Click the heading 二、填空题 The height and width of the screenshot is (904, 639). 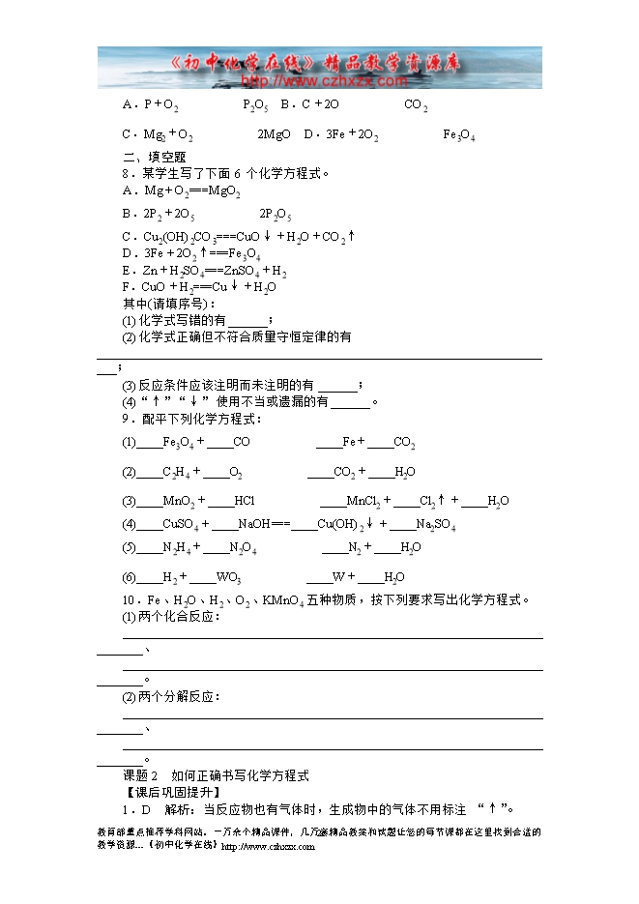pyautogui.click(x=154, y=158)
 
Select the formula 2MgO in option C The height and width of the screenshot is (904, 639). pyautogui.click(x=274, y=135)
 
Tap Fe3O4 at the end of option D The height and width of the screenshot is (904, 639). pyautogui.click(x=458, y=135)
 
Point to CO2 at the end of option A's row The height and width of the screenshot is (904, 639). pyautogui.click(x=416, y=105)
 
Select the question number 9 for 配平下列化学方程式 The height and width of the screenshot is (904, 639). pyautogui.click(x=126, y=419)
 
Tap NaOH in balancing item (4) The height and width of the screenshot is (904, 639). pyautogui.click(x=254, y=525)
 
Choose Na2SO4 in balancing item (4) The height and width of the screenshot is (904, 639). pyautogui.click(x=435, y=525)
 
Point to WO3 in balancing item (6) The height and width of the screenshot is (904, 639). pyautogui.click(x=229, y=578)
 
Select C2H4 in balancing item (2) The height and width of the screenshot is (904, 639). pyautogui.click(x=175, y=473)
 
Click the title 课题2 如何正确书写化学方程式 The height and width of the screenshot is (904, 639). pyautogui.click(x=216, y=775)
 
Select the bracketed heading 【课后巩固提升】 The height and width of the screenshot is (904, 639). pyautogui.click(x=168, y=793)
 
